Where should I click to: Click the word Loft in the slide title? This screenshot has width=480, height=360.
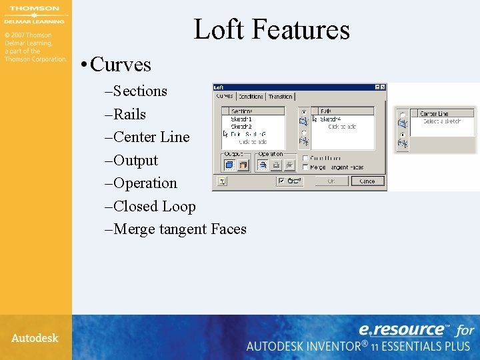coord(219,29)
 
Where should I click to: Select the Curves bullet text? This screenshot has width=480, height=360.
coord(120,65)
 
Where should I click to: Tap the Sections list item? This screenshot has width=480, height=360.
coord(140,91)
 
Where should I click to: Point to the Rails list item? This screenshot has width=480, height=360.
coord(129,114)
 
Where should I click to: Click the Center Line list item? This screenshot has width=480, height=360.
coord(151,137)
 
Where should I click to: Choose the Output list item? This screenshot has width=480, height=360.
coord(135,160)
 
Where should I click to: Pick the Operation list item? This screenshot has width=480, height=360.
coord(145,183)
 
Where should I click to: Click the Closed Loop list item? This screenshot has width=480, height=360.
coord(155,206)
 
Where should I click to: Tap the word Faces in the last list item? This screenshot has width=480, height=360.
coord(229,229)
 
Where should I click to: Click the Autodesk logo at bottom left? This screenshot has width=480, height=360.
coord(35,338)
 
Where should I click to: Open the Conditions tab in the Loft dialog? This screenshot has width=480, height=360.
coord(251,97)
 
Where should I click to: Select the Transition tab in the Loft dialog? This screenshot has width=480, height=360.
coord(280,97)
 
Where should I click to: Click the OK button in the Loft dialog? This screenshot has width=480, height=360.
coord(329,181)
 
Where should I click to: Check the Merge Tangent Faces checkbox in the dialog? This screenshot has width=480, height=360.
coord(305,167)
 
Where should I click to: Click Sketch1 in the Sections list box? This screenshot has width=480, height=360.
coord(241,119)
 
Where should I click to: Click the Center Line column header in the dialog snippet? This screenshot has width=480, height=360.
coord(435,113)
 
